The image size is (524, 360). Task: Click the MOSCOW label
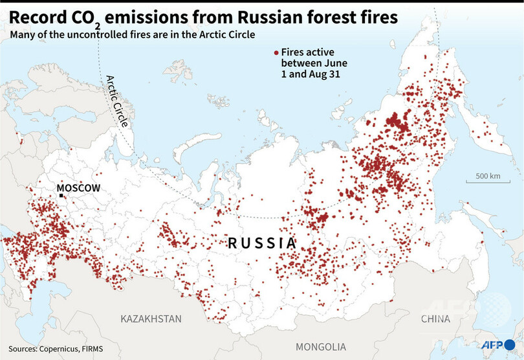pos(79,188)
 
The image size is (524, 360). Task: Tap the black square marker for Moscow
pos(61,195)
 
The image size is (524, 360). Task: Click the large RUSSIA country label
pos(261,243)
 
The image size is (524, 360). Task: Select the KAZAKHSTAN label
pos(151,319)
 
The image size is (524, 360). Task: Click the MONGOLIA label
pos(318,346)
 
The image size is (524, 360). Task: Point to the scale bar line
pos(488,183)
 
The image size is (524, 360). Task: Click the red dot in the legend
pos(276,52)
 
